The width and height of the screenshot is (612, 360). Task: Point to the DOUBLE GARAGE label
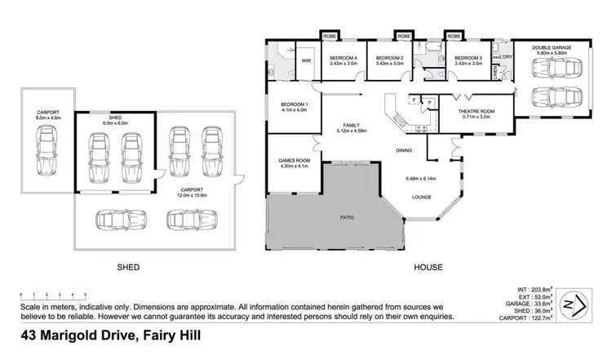tap(552, 48)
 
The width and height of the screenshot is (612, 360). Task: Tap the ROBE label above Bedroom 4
tap(330, 37)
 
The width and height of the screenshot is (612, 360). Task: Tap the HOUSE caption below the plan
tap(427, 267)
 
